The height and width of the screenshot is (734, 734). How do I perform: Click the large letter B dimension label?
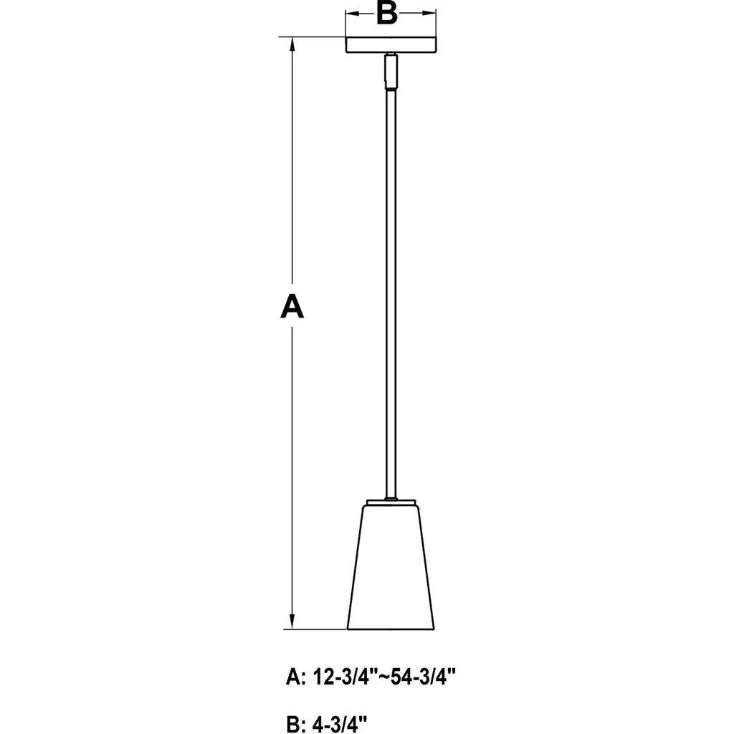point(387,13)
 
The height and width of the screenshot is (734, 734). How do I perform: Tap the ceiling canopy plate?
point(391,45)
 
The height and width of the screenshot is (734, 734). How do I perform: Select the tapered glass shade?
point(391,567)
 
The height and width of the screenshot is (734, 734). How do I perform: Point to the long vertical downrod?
point(391,293)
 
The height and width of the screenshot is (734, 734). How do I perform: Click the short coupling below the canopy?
point(391,71)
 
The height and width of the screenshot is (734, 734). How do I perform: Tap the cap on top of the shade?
point(391,502)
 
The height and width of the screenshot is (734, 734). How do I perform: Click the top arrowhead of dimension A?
point(292,44)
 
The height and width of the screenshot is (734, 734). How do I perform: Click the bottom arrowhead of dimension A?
point(292,621)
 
